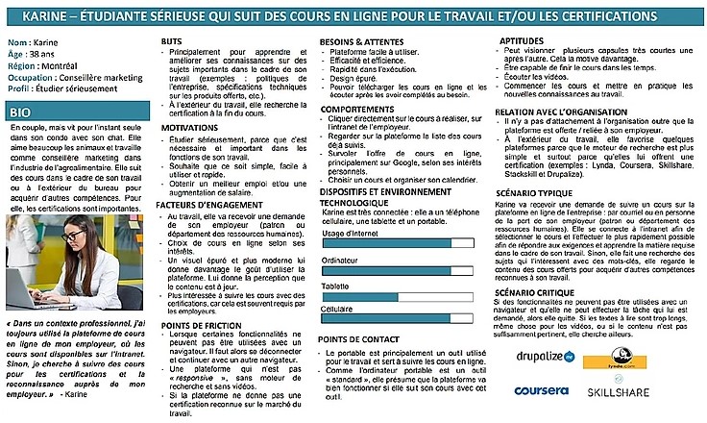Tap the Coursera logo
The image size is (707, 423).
coord(544,392)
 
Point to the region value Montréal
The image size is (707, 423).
coord(61,67)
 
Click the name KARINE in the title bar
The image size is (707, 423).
coord(44,17)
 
